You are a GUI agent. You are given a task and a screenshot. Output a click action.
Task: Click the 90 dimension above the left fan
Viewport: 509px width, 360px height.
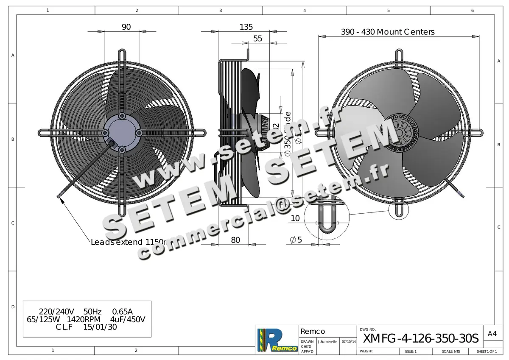point(126,27)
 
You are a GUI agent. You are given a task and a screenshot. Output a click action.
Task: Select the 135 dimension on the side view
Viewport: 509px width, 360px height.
point(246,27)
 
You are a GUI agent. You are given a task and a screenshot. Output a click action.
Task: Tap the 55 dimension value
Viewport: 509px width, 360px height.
point(257,39)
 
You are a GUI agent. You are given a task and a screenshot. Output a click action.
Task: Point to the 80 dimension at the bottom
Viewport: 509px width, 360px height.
point(235,240)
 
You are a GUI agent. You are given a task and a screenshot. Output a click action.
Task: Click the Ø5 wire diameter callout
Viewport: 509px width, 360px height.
point(296,240)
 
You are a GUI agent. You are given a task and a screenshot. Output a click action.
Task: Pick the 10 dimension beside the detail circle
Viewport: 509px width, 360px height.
point(295,218)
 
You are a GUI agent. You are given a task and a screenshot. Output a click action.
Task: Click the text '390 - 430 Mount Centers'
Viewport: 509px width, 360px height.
point(388,32)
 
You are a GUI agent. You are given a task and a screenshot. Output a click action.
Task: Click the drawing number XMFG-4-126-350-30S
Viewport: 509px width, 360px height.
point(421,338)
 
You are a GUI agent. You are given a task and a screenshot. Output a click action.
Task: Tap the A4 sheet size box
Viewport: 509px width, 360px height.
point(492,334)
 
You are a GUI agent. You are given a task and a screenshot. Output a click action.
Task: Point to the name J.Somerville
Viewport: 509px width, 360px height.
point(327,341)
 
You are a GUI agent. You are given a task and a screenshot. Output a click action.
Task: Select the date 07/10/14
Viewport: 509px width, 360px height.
point(349,341)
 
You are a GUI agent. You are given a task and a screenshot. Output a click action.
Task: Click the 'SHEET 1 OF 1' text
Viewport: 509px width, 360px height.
point(486,352)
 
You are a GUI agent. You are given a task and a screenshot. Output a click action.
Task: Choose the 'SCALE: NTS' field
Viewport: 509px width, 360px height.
point(450,352)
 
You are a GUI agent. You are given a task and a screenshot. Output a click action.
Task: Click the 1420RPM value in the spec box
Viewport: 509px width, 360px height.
point(83,319)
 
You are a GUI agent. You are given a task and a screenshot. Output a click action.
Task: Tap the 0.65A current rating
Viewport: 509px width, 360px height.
point(122,311)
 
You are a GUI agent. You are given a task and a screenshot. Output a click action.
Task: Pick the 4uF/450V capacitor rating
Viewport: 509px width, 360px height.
point(128,319)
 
